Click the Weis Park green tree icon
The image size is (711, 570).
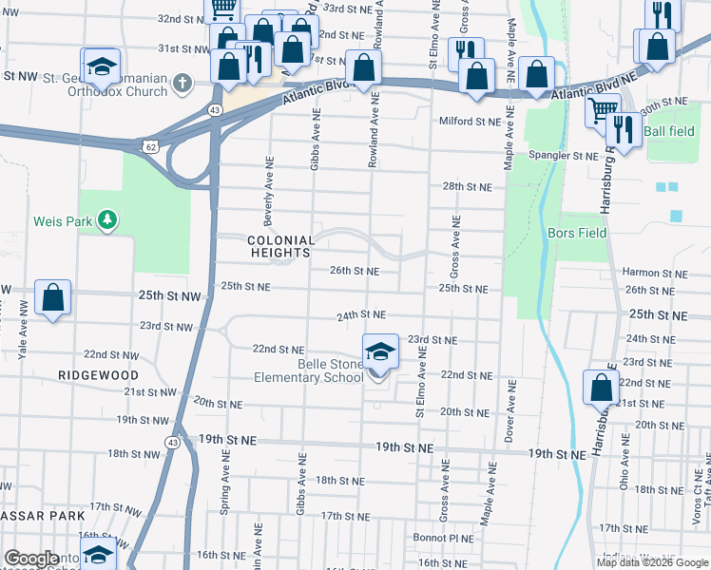pyautogui.click(x=108, y=220)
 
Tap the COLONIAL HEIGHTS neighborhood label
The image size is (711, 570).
pyautogui.click(x=280, y=246)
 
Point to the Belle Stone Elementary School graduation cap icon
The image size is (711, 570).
pyautogui.click(x=379, y=351)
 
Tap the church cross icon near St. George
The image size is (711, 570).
pyautogui.click(x=185, y=84)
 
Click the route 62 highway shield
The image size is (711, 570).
pyautogui.click(x=152, y=145)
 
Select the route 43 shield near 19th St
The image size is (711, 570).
pyautogui.click(x=172, y=442)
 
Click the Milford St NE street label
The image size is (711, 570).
pyautogui.click(x=470, y=122)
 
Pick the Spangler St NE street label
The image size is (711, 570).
pyautogui.click(x=563, y=155)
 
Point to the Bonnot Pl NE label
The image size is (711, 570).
pyautogui.click(x=443, y=538)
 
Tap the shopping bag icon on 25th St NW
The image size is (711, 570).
pyautogui.click(x=53, y=297)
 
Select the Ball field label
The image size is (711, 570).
pyautogui.click(x=669, y=131)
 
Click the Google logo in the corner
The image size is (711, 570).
pyautogui.click(x=32, y=560)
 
